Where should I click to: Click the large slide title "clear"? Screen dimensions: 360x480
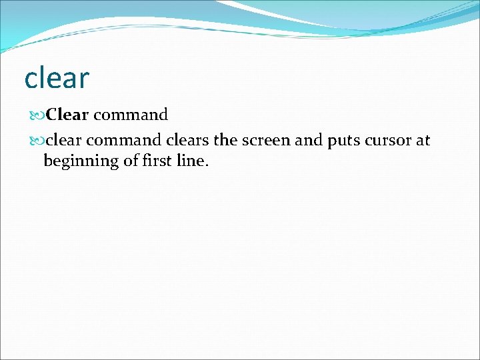(x=56, y=79)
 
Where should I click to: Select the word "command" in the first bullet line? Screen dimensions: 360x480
(x=130, y=115)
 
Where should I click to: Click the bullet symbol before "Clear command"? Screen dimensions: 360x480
(x=37, y=115)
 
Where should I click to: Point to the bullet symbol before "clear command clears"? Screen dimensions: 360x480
(x=37, y=141)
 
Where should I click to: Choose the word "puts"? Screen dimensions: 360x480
(x=336, y=141)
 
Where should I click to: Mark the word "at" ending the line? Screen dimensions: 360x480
(x=423, y=141)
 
